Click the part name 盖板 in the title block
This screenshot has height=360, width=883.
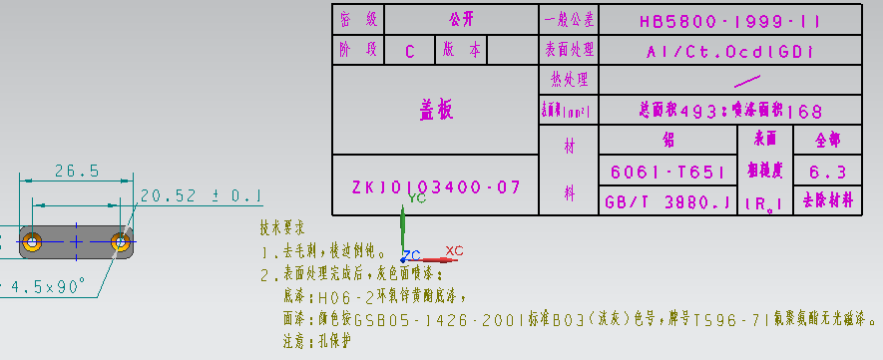point(435,111)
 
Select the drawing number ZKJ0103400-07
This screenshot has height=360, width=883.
point(435,186)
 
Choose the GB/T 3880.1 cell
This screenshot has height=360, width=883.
point(667,202)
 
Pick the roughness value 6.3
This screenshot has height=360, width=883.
point(828,172)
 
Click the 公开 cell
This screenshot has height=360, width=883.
point(461,19)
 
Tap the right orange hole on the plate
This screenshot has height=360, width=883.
point(122,240)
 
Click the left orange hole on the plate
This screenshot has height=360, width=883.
point(32,240)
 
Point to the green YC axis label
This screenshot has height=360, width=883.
point(417,197)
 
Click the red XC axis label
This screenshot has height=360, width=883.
point(454,250)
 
